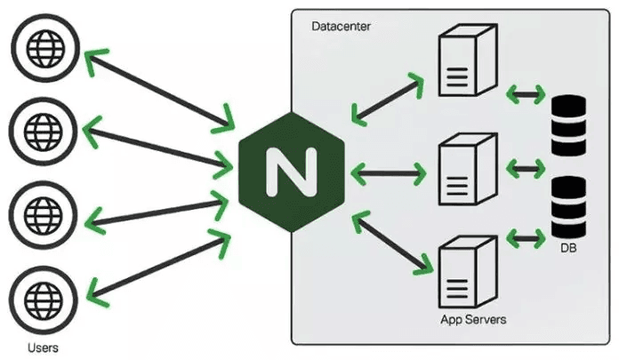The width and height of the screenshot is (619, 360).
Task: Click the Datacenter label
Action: (x=341, y=27)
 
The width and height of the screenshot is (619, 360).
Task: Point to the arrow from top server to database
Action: (x=525, y=92)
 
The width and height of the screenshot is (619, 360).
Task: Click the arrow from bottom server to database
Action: (x=525, y=237)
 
